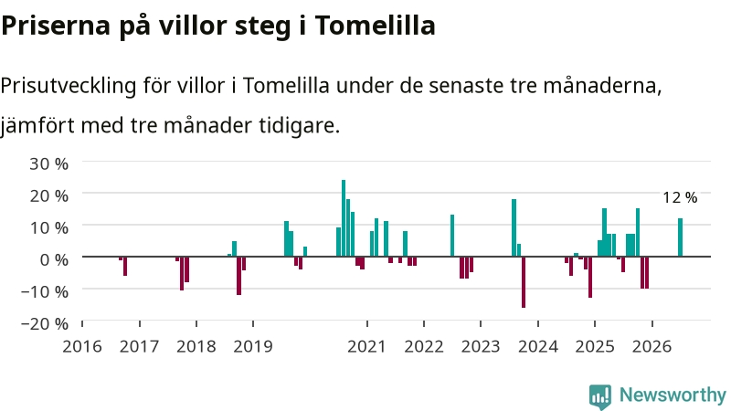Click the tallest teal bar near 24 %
point(344,218)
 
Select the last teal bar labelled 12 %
point(680,237)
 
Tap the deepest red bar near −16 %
point(524,282)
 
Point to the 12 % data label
point(680,197)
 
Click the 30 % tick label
point(49,164)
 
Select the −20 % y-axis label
point(45,323)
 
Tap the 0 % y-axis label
point(54,259)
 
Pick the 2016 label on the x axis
point(82,347)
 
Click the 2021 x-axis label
point(367,347)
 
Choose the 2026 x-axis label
point(652,347)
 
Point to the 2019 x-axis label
point(253,347)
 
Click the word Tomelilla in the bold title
point(376,26)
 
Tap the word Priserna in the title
point(56,26)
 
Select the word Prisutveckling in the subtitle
point(69,87)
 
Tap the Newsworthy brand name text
point(673,395)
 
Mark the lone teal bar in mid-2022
point(452,236)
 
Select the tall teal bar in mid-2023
point(514,227)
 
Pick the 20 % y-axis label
point(49,195)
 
